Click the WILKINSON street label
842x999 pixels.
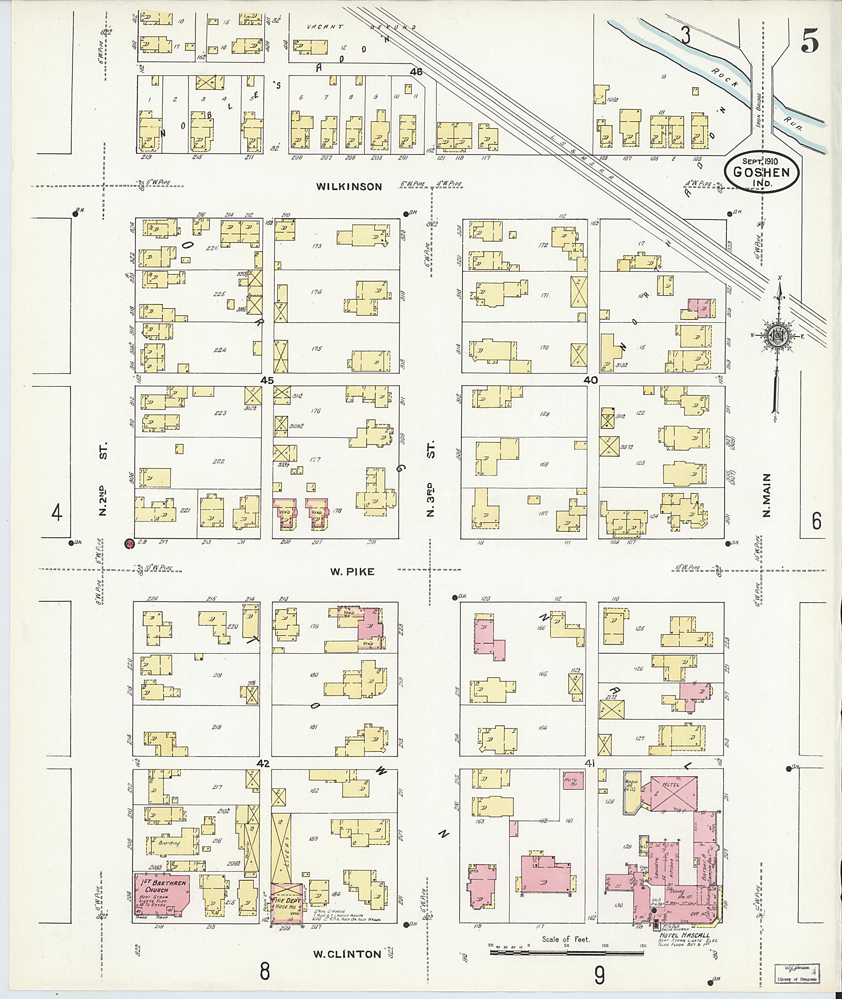349,187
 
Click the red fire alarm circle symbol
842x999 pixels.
128,543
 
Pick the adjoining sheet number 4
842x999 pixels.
57,514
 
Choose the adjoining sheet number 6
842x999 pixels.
817,521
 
